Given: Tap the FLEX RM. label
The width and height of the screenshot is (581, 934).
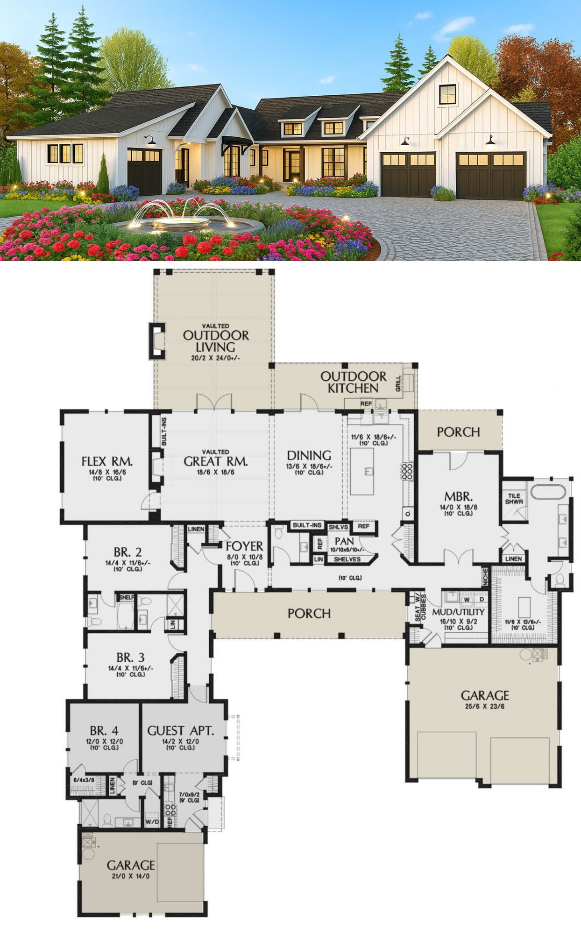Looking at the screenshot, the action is pos(107,461).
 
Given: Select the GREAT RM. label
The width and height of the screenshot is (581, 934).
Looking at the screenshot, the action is pos(215,461).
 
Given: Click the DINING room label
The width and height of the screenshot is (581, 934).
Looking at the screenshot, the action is pos(309,455).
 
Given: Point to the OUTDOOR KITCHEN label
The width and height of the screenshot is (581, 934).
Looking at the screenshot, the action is pos(354,382).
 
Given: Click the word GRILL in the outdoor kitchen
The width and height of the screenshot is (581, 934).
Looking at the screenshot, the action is pos(398,383).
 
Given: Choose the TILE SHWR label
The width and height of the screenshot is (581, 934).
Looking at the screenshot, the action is pos(514,499).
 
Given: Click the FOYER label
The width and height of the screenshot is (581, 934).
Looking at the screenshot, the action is pos(244,546).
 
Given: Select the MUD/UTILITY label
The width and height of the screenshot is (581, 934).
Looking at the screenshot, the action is pos(458,612).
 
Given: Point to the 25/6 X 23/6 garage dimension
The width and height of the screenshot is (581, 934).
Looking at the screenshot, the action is pos(484,707).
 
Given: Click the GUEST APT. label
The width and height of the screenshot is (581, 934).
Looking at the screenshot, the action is pos(180,730).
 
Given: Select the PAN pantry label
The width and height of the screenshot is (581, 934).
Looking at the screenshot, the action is pos(344,541).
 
